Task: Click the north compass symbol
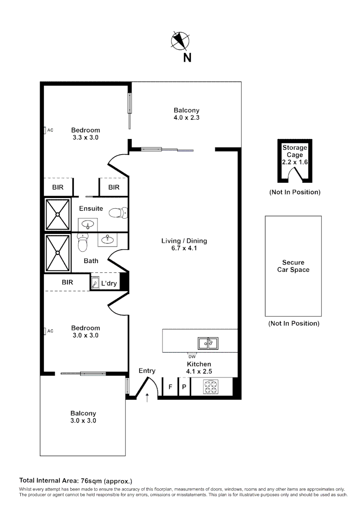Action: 180,41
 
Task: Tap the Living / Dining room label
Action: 184,241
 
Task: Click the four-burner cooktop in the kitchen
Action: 210,387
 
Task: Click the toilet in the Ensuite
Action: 117,213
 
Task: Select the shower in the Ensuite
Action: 57,214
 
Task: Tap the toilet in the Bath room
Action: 83,243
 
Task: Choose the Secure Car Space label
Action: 293,266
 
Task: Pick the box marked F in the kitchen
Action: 170,387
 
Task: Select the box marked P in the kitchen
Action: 184,387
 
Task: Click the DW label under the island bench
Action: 192,357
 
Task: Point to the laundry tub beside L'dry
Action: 95,284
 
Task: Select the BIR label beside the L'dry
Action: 67,283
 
